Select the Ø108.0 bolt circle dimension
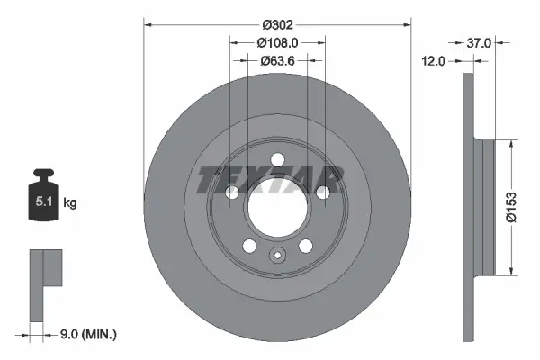[277, 41]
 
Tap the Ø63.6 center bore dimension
[277, 61]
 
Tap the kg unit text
[70, 203]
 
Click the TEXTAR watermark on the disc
[270, 177]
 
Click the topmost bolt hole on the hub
[277, 160]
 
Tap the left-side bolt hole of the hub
[233, 192]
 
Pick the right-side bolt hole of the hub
[321, 192]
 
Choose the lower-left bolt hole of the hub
[249, 245]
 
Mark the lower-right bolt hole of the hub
[305, 245]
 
